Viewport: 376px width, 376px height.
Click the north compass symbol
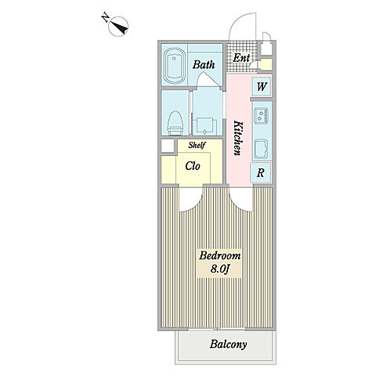pyautogui.click(x=118, y=27)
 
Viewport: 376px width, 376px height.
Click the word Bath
pyautogui.click(x=204, y=64)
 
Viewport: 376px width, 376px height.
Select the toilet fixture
pyautogui.click(x=175, y=123)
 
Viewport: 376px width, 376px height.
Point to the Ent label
pyautogui.click(x=241, y=58)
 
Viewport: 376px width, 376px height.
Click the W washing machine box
pyautogui.click(x=262, y=86)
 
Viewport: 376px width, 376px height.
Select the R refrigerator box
pyautogui.click(x=261, y=172)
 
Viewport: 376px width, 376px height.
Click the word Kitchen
pyautogui.click(x=238, y=138)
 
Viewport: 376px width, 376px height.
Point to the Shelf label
pyautogui.click(x=197, y=145)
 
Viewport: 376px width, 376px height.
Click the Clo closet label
pyautogui.click(x=193, y=166)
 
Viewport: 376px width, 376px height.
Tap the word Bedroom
pyautogui.click(x=220, y=255)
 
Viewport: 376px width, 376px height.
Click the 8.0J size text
pyautogui.click(x=219, y=269)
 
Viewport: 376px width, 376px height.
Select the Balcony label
pyautogui.click(x=228, y=344)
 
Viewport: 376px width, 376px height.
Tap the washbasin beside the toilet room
pyautogui.click(x=206, y=126)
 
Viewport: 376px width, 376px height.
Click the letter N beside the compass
pyautogui.click(x=105, y=18)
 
